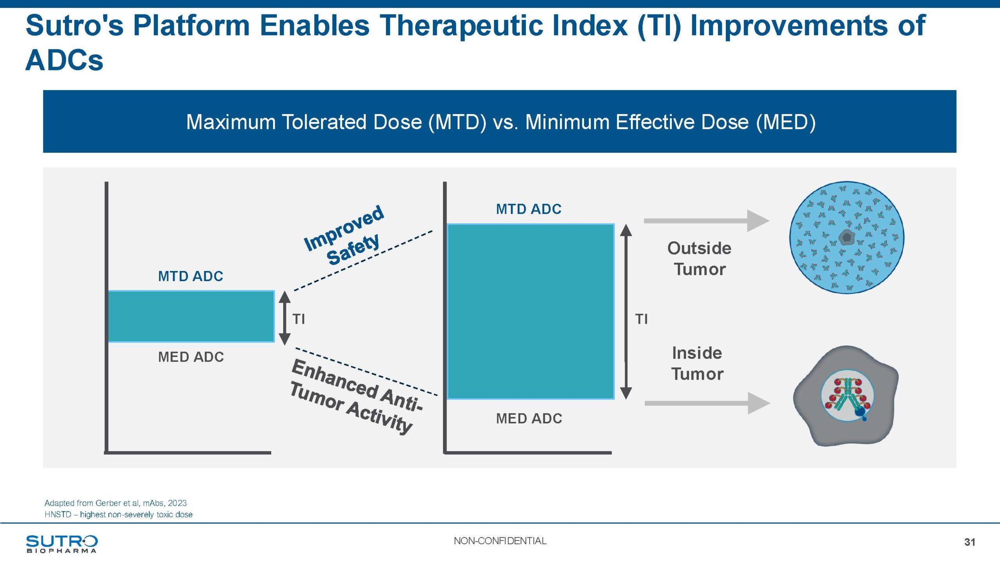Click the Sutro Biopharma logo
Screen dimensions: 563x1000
[62, 544]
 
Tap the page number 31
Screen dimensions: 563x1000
[970, 542]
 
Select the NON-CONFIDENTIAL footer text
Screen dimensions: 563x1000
[500, 541]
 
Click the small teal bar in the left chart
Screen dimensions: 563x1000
[191, 316]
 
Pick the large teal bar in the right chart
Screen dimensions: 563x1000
[530, 311]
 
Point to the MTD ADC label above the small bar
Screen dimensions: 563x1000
[190, 276]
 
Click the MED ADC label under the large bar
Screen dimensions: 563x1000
[529, 419]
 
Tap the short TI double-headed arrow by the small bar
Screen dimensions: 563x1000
[285, 318]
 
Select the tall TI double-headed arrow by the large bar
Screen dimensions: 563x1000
[626, 312]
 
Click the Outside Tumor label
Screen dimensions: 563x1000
[699, 258]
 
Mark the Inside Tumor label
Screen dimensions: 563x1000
[697, 363]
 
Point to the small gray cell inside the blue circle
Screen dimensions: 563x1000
[846, 237]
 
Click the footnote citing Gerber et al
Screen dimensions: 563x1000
[116, 503]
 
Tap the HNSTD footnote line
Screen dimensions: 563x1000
[118, 515]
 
